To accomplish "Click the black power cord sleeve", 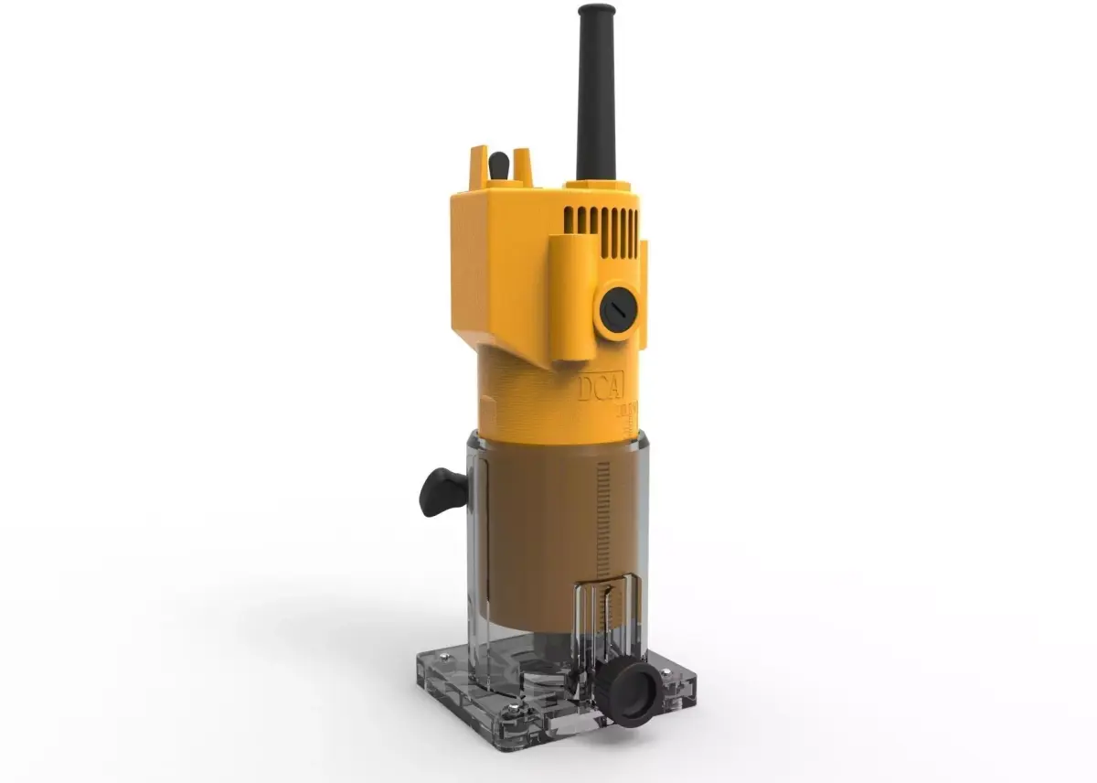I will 595,101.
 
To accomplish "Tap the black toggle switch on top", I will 498,166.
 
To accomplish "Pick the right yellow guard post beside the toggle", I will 521,166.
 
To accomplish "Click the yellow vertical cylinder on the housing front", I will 567,293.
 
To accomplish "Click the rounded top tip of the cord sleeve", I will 596,11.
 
